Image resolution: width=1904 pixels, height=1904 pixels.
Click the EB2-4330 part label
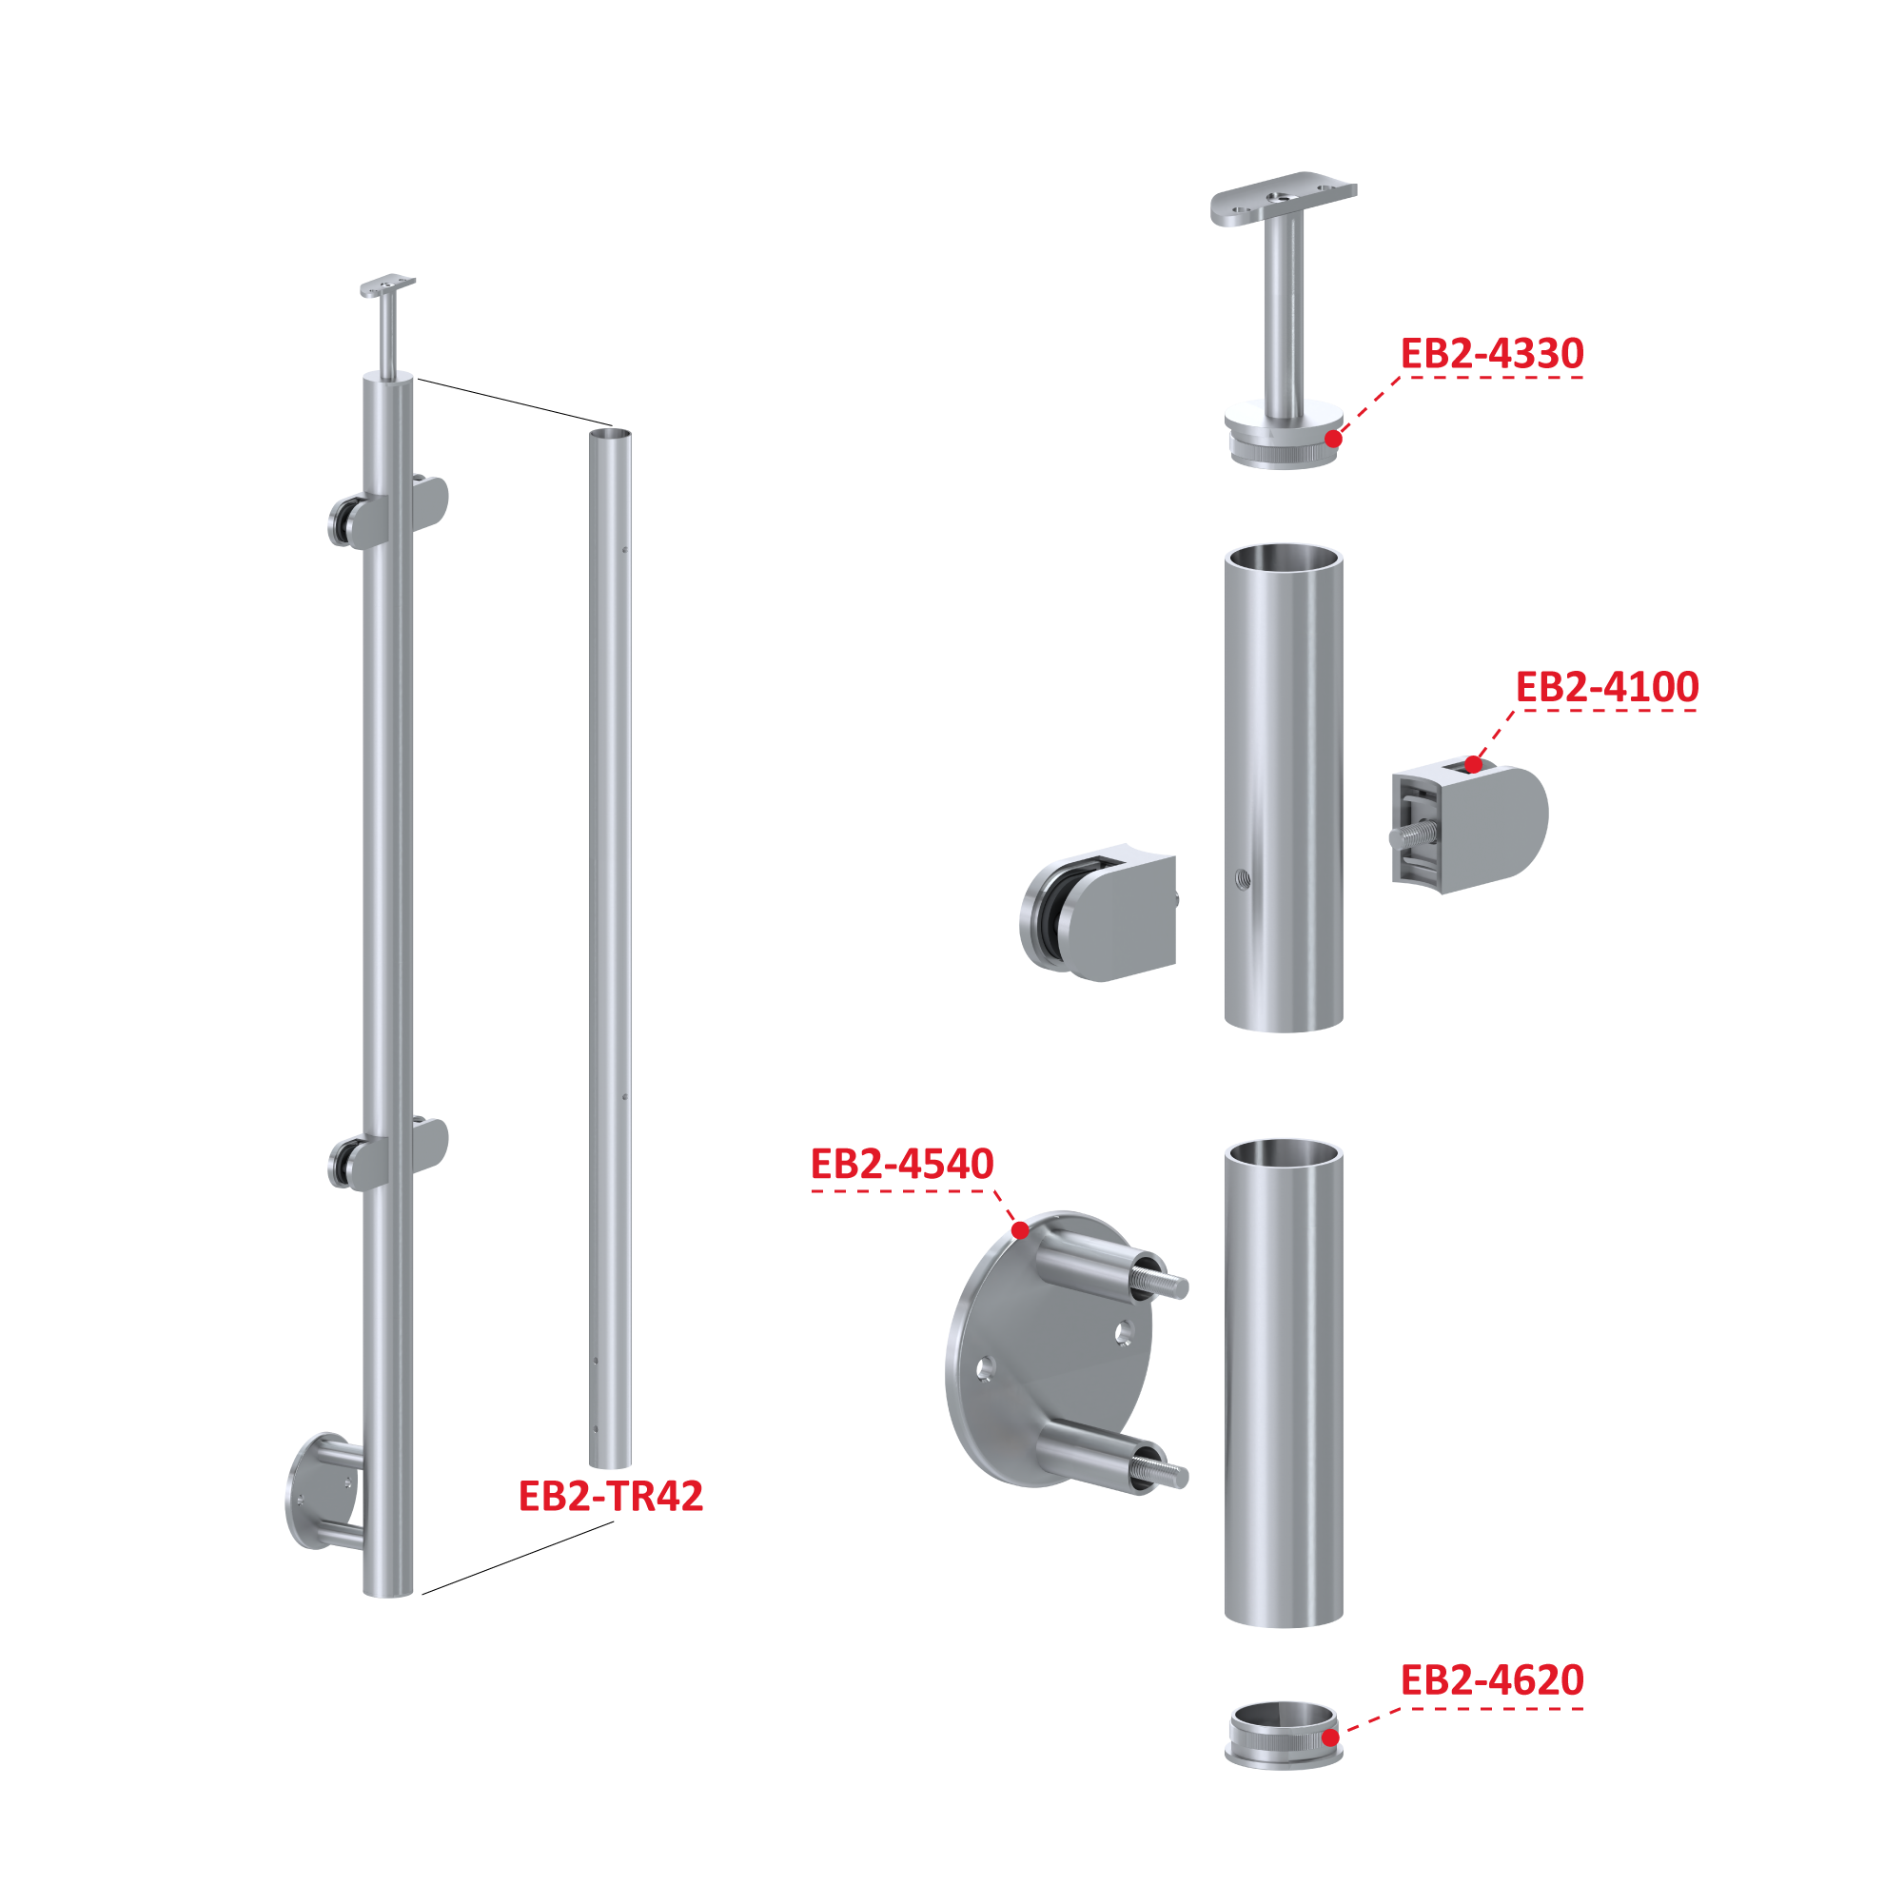(1491, 354)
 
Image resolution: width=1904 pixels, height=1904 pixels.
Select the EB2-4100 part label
(1606, 687)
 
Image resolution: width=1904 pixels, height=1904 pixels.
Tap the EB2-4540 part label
(902, 1164)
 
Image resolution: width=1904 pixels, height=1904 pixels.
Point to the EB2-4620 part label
(1491, 1680)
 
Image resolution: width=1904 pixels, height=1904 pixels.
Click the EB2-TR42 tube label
(611, 1496)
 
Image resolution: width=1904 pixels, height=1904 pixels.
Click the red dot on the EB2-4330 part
(1332, 439)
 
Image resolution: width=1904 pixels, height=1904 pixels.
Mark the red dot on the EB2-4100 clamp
(1472, 764)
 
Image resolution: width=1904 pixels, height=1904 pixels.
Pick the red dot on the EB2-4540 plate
(1020, 1230)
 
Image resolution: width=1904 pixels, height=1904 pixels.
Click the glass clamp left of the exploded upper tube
(1098, 913)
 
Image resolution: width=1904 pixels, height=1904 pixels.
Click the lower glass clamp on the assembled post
(388, 1153)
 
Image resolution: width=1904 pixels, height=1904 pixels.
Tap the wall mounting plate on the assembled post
(324, 1492)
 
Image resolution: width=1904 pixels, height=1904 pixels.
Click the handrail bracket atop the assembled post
(388, 326)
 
